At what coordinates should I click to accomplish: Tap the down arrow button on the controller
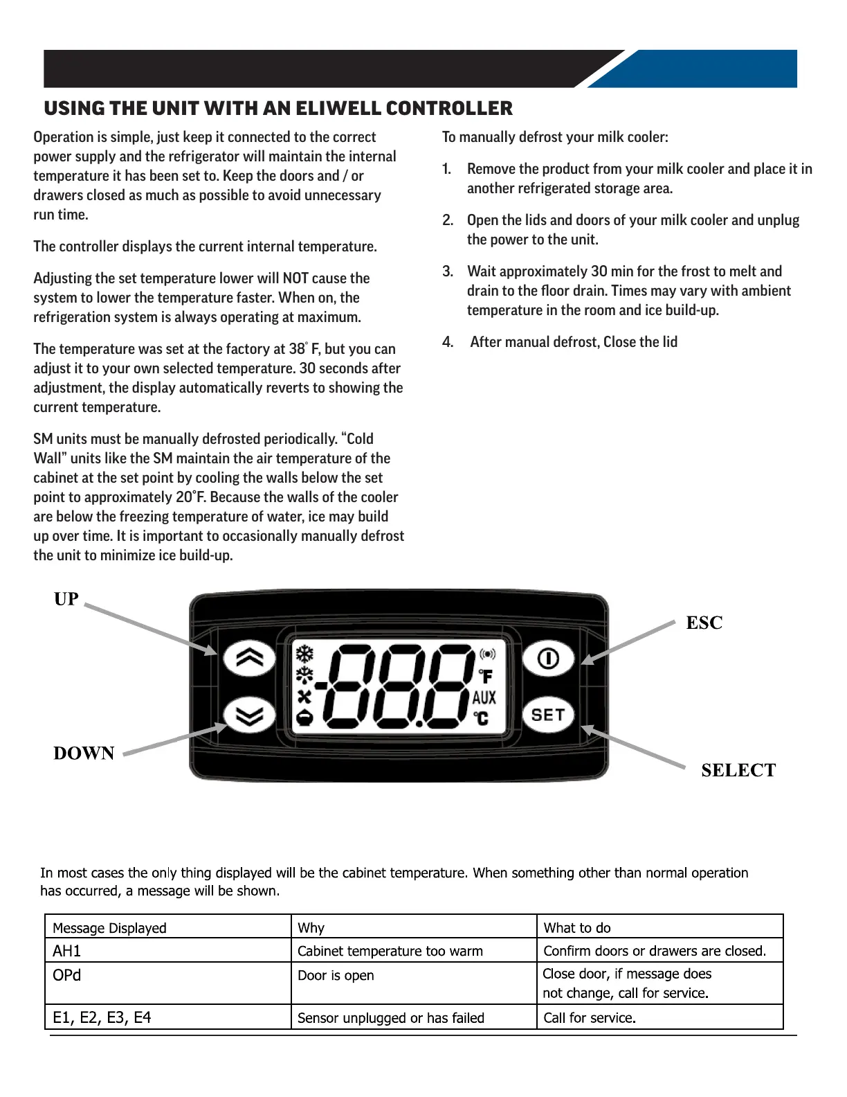pos(250,715)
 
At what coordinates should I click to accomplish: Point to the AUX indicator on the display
pos(484,697)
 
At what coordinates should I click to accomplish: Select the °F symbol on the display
pos(486,676)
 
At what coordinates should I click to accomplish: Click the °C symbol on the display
pos(481,719)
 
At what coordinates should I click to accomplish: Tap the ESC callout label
pos(704,623)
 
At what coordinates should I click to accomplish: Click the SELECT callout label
pos(738,770)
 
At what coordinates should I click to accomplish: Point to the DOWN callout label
pos(84,753)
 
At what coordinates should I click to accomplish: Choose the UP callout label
pos(66,599)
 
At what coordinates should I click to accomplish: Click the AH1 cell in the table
pos(67,951)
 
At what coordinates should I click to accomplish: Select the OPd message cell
pos(67,975)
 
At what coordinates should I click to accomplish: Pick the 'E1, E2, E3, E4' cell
pos(102,1017)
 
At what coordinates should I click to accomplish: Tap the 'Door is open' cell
pos(336,976)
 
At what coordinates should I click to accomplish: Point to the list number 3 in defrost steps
pos(448,271)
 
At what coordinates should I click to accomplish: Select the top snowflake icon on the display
pos(304,653)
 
